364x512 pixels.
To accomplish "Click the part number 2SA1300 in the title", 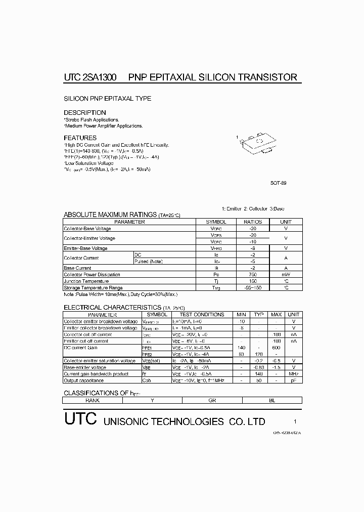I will coord(99,77).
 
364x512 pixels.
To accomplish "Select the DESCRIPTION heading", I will coord(85,112).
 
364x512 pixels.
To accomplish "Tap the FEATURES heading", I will coord(80,138).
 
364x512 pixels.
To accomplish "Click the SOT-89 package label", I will coord(279,184).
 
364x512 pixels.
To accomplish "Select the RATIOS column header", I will coord(253,222).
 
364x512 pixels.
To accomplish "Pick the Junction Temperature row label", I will coord(86,281).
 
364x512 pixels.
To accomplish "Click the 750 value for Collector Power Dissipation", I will coord(253,275).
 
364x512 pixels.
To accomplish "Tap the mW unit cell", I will coord(286,275).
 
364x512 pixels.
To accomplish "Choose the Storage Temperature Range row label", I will coord(93,288).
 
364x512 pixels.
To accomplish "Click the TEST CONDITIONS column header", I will coord(202,315).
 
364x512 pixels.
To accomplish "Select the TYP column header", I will coord(258,315).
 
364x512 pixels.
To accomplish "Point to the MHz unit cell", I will coord(293,374).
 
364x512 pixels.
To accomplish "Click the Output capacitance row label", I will coord(84,380).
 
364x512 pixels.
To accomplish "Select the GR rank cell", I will coord(212,400).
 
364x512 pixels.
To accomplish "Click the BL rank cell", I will coord(272,400).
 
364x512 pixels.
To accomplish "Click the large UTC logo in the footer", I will coord(80,420).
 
